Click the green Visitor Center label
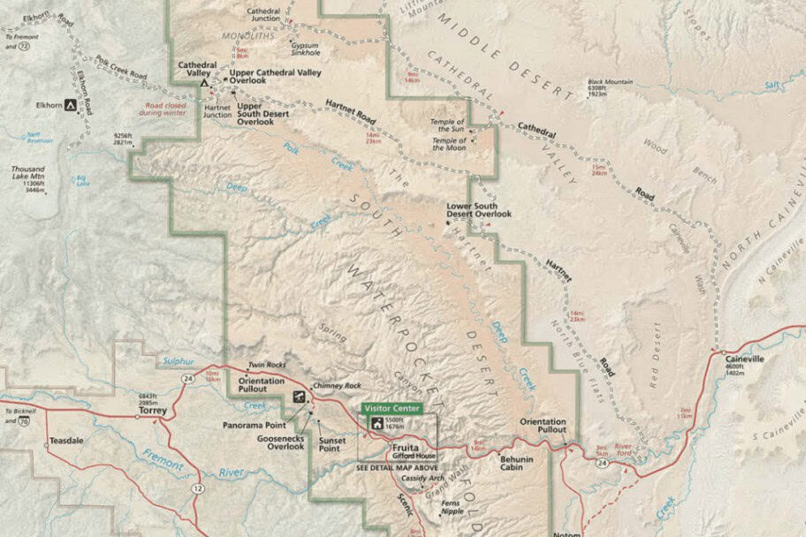tap(392, 408)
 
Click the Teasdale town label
tap(65, 439)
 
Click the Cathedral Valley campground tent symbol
tap(205, 82)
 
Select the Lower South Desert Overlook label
tap(479, 209)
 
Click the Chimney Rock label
tap(343, 385)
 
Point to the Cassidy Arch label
tap(420, 478)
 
